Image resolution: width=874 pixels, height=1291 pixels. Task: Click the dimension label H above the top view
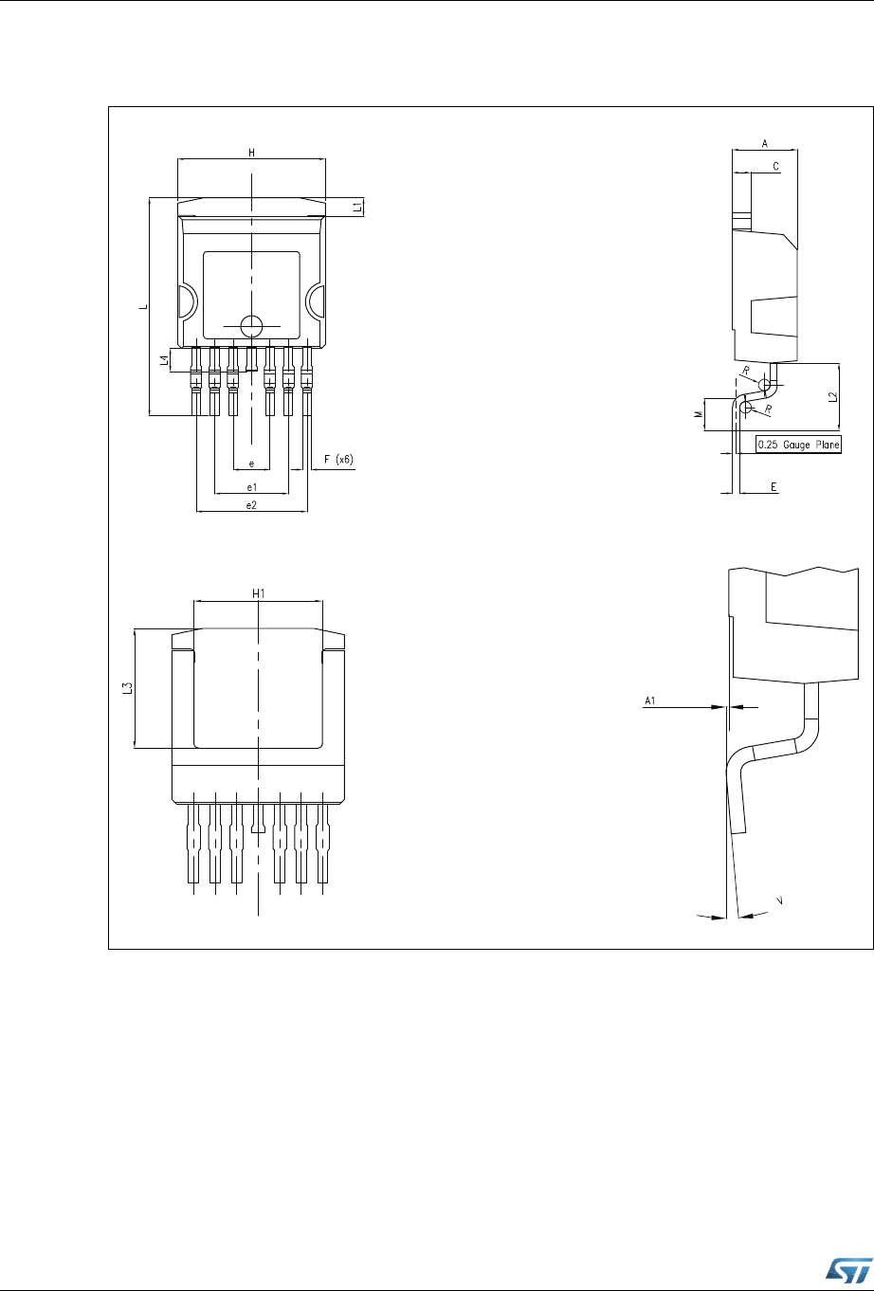pyautogui.click(x=251, y=153)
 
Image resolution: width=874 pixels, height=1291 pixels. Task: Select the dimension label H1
pyautogui.click(x=258, y=593)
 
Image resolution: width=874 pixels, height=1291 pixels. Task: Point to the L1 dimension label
pyautogui.click(x=358, y=207)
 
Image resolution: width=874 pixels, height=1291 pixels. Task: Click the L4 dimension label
pyautogui.click(x=165, y=360)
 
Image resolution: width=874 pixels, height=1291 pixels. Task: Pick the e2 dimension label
pyautogui.click(x=251, y=505)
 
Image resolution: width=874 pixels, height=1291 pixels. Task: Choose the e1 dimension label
pyautogui.click(x=251, y=487)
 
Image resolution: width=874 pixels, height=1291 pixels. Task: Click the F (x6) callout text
pyautogui.click(x=338, y=460)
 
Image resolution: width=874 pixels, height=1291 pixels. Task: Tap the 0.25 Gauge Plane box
pyautogui.click(x=798, y=445)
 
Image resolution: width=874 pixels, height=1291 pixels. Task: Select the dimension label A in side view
pyautogui.click(x=765, y=143)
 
